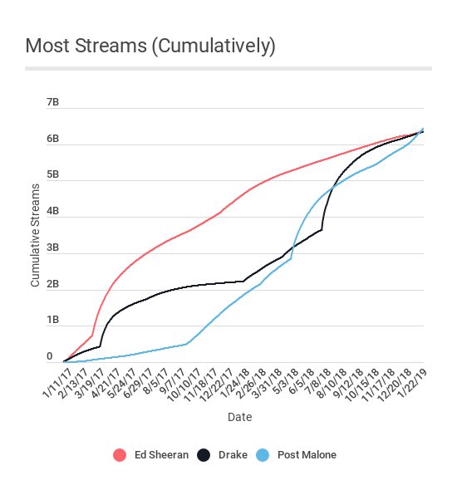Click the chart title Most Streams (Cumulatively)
[x=150, y=46]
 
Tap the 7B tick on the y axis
[x=53, y=102]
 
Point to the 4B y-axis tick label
[x=53, y=211]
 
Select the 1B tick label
[x=53, y=320]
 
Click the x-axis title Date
[x=239, y=417]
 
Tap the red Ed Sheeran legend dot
[x=119, y=454]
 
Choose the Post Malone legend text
[x=308, y=454]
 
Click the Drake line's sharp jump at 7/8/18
[x=322, y=229]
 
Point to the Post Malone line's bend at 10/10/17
[x=187, y=343]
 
